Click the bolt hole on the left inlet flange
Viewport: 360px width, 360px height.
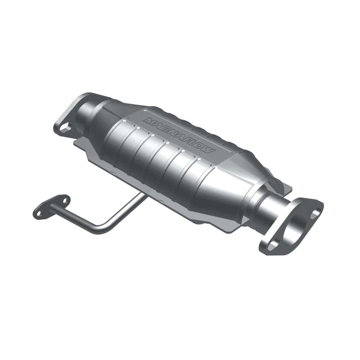point(65,127)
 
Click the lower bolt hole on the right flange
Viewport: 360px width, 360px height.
point(272,245)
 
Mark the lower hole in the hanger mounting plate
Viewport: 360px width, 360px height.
point(40,211)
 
